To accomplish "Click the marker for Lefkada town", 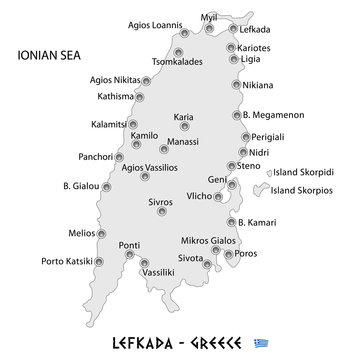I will tap(233, 30).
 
